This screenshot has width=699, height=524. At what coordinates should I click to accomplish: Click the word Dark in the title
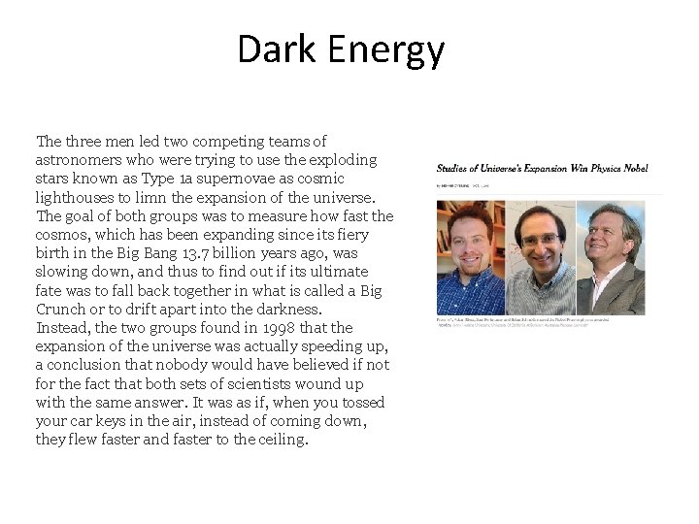271,49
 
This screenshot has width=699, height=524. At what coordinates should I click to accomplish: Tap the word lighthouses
76,197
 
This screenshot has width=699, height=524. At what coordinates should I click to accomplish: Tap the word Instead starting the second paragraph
62,328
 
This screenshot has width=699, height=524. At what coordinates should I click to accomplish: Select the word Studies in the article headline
453,169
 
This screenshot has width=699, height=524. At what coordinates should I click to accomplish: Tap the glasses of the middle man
539,238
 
